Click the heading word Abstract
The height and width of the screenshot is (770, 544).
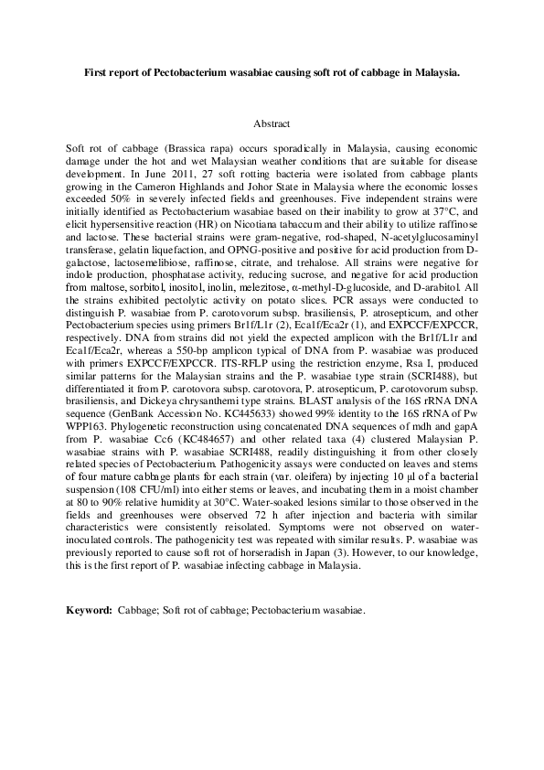[272, 123]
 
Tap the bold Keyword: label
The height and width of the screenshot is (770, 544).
[90, 610]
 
